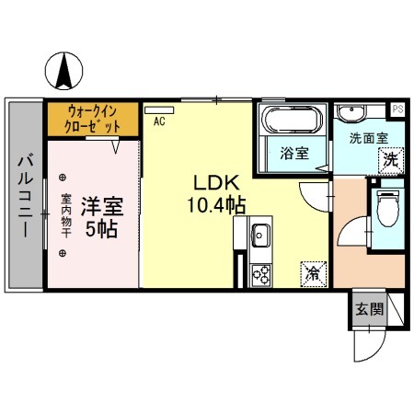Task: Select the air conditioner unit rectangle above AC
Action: click(x=159, y=109)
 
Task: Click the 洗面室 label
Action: click(x=368, y=138)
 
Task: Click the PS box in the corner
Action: click(x=397, y=109)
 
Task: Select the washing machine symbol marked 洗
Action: click(x=390, y=158)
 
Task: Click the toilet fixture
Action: click(x=387, y=209)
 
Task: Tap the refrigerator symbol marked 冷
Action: click(x=313, y=271)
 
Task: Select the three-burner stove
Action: click(x=259, y=273)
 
